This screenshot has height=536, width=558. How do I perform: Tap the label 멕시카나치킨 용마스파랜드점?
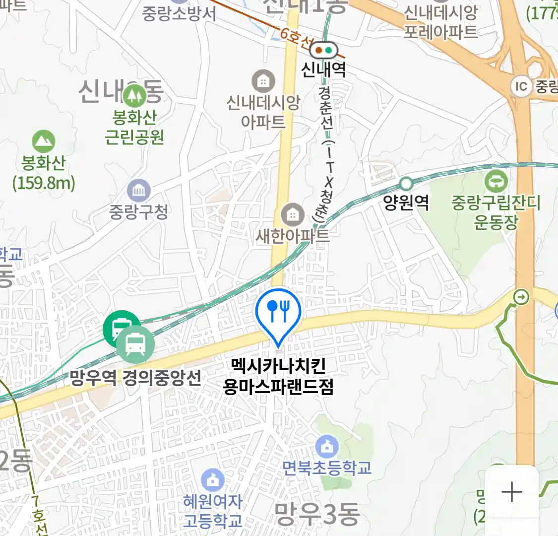[278, 376]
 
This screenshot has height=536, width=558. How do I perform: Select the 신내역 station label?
[323, 69]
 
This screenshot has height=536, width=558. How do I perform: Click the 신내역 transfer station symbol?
[324, 50]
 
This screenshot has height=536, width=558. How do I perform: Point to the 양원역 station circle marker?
[406, 184]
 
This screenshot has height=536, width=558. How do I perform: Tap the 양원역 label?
[406, 202]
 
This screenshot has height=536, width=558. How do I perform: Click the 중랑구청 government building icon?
[138, 191]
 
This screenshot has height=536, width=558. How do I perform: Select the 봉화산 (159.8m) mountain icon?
[44, 142]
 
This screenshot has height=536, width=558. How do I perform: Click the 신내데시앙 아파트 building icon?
[263, 80]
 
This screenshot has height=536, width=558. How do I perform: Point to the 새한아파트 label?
[293, 235]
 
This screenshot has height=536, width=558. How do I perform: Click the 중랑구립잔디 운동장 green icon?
[496, 182]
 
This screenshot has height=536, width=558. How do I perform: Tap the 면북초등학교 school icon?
[327, 447]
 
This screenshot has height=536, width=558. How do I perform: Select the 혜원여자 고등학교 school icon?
[213, 480]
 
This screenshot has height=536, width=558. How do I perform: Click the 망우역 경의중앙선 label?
[135, 378]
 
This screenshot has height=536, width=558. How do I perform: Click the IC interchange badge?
[521, 87]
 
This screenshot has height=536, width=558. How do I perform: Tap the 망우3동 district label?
[317, 514]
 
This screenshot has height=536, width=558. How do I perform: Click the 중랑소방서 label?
[179, 13]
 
